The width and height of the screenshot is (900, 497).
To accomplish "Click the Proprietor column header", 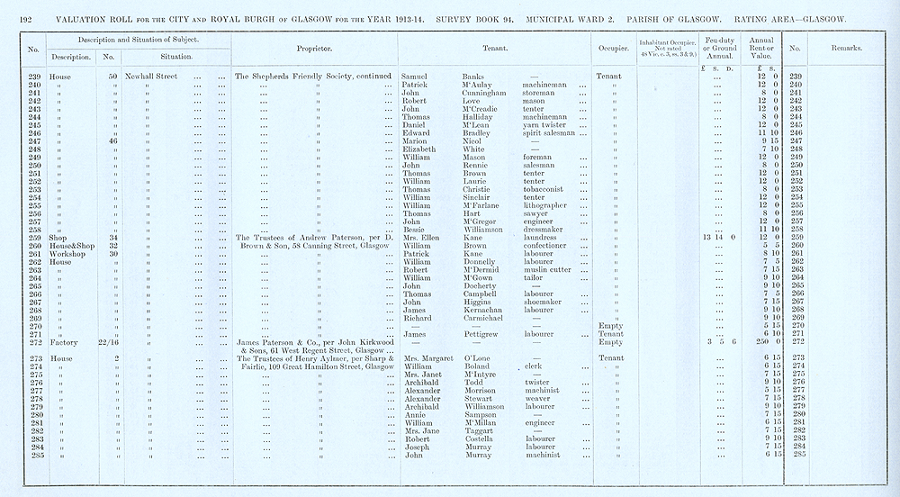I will coord(315,51).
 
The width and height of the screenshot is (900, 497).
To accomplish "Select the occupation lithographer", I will coord(550,206).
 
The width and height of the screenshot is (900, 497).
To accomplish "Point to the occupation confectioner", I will coord(549,246).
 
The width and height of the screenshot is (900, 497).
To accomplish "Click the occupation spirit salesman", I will coord(551,133).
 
